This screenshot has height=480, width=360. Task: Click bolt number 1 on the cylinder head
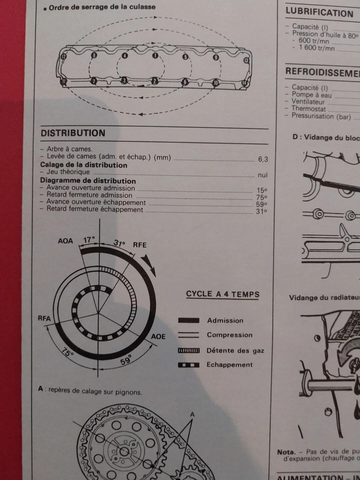[155, 55]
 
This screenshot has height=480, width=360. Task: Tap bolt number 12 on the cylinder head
[63, 57]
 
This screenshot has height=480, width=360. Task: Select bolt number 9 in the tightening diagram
[215, 58]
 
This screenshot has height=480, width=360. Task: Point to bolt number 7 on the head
[93, 80]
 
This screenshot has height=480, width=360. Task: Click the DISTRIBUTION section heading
[73, 133]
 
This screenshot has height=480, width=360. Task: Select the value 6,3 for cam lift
[262, 159]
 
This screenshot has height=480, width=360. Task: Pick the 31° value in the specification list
[261, 211]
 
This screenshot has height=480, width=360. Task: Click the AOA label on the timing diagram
[65, 241]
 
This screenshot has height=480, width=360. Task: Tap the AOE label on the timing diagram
[158, 336]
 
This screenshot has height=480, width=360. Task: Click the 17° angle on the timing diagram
[88, 240]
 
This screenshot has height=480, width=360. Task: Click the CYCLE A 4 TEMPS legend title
[222, 294]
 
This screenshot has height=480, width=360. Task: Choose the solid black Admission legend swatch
[189, 320]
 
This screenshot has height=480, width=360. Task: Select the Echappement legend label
[229, 364]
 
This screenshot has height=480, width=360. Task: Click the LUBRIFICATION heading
[319, 13]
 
